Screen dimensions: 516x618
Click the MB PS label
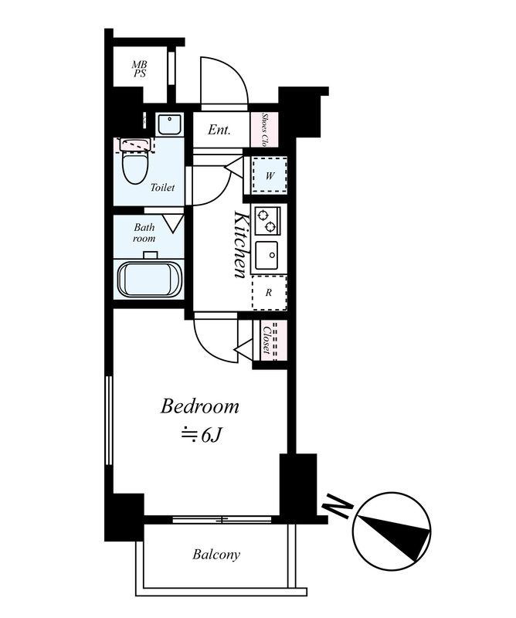[140, 69]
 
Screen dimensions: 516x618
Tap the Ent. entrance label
[219, 130]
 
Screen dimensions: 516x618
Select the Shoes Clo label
[265, 129]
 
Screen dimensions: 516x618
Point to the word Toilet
[162, 188]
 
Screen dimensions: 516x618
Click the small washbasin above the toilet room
[169, 124]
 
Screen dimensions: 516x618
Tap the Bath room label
[144, 233]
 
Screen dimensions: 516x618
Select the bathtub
[149, 280]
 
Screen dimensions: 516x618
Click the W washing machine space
[270, 175]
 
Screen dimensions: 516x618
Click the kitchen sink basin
[266, 256]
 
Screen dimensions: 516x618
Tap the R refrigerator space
[269, 293]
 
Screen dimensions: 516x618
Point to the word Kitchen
[240, 245]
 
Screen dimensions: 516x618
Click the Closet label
[266, 340]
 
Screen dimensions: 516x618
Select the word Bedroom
[199, 406]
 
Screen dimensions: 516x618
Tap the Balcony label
[216, 555]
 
